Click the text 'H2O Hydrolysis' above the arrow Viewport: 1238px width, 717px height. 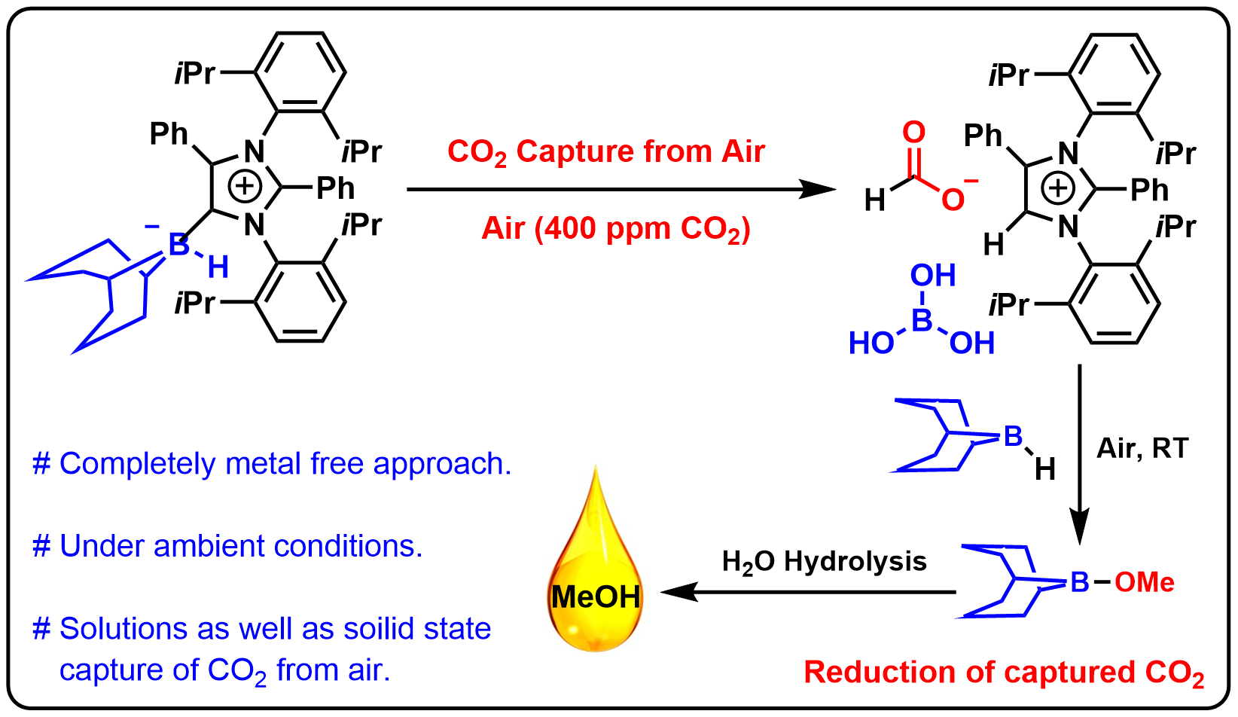tap(825, 563)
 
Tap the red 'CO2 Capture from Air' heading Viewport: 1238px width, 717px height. tap(606, 152)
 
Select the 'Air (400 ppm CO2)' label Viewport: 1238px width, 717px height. tap(616, 229)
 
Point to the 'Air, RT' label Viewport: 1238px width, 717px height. tap(1142, 449)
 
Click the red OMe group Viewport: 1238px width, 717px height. tap(1144, 582)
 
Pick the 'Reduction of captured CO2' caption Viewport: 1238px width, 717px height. tap(1004, 673)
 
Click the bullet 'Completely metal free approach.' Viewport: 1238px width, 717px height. tap(272, 464)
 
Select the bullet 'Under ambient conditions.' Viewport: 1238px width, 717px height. tap(227, 546)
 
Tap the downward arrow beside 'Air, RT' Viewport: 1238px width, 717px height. tap(1079, 452)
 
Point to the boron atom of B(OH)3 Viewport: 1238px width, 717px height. tap(922, 322)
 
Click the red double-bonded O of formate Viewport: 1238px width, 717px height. tap(913, 133)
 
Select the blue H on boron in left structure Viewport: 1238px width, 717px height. tap(218, 267)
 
